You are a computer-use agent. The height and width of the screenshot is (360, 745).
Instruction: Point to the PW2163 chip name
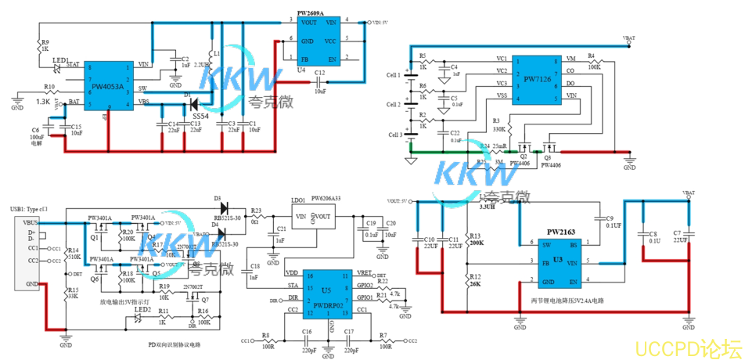point(561,232)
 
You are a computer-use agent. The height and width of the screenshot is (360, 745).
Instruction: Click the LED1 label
point(60,59)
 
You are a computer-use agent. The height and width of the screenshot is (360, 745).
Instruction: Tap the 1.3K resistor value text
point(42,102)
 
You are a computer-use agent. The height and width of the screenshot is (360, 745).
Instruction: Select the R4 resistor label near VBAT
point(591,56)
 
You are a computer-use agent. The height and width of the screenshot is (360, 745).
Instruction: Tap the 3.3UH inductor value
point(488,207)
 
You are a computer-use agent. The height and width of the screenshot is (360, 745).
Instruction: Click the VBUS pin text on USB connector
point(31,224)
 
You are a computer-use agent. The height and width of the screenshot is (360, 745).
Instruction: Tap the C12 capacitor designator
point(319,73)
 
